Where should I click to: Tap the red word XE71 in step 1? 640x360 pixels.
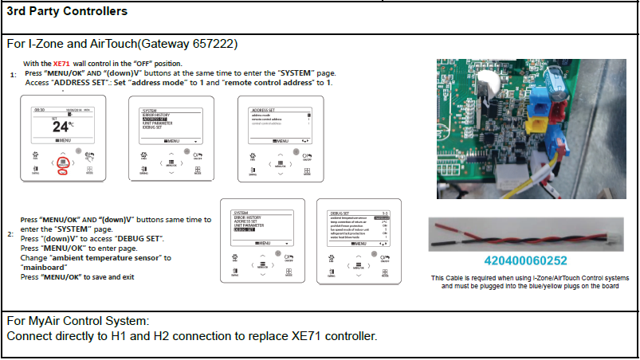[x=61, y=64]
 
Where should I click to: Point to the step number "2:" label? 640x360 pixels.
[x=10, y=234]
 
